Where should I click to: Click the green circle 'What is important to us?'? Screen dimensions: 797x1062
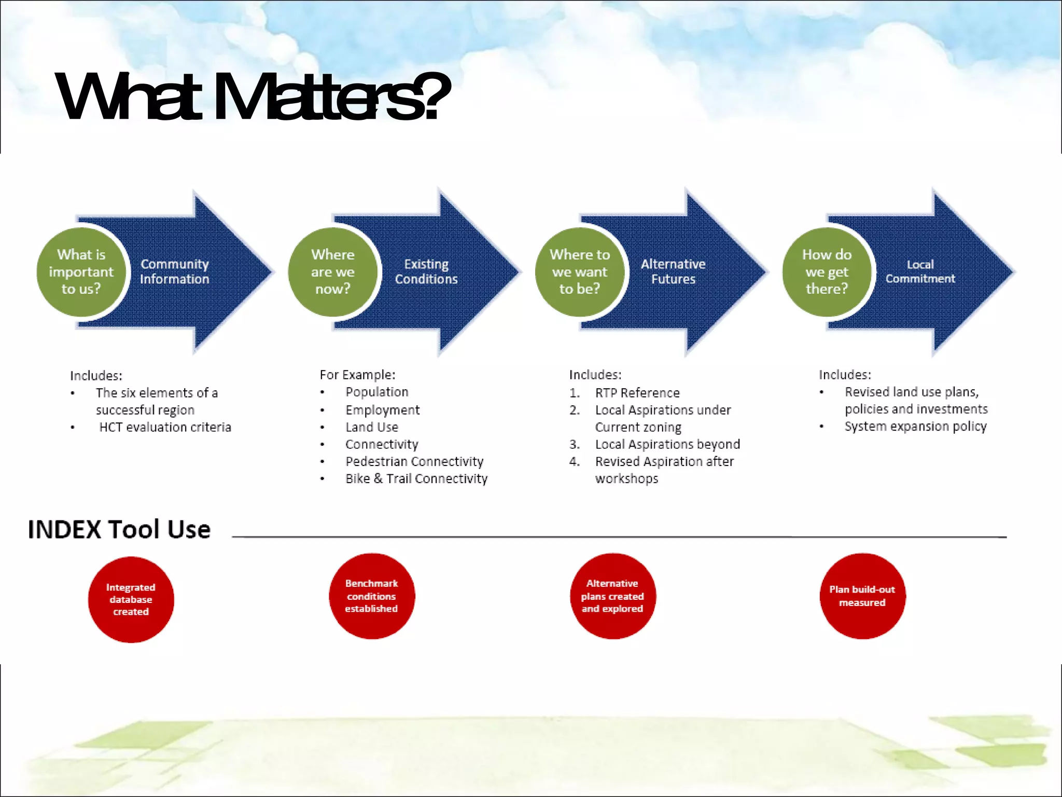pos(81,272)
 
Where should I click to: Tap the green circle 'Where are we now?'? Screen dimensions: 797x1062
pos(333,272)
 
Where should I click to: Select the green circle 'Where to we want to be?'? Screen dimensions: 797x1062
pos(580,272)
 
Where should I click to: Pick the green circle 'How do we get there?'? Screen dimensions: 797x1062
pos(827,272)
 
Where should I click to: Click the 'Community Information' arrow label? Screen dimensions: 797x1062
pos(175,272)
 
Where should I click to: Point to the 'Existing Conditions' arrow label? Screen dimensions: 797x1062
pos(426,272)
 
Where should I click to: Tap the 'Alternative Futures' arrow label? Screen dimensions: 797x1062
pos(673,272)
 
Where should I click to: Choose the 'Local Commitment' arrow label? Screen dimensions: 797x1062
pos(920,272)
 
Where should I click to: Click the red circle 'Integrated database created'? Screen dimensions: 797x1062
pos(131,599)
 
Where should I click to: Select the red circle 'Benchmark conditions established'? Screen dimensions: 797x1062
pos(372,596)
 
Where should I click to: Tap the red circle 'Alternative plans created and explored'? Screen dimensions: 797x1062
pos(612,596)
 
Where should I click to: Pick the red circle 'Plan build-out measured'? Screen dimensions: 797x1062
pos(862,596)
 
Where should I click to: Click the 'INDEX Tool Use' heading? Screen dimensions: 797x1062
pos(119,530)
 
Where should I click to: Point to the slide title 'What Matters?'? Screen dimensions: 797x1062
pos(253,97)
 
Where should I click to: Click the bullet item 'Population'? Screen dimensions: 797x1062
pos(377,392)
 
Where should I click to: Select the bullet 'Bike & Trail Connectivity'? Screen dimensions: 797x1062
pos(416,478)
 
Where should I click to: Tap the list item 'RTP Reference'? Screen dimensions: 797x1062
pos(637,393)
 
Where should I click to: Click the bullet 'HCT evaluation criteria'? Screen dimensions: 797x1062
pos(165,427)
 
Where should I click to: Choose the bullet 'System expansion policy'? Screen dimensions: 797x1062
pos(915,427)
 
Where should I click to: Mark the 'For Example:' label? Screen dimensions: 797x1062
pos(357,375)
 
